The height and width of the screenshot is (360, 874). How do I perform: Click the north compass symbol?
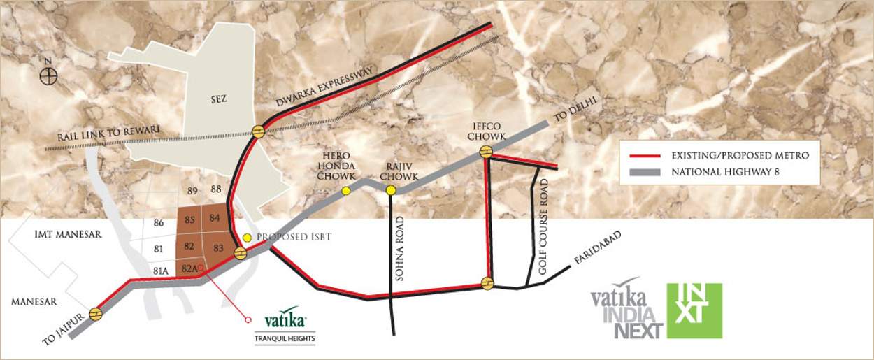tap(48, 75)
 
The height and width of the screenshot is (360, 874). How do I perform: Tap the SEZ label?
tap(219, 99)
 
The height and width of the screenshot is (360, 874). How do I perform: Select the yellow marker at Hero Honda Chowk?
tap(345, 191)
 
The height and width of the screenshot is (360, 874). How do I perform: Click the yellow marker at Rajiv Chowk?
tap(391, 190)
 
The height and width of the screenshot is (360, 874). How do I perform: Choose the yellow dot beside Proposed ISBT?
tap(246, 237)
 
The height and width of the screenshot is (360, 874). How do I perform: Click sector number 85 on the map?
tap(189, 220)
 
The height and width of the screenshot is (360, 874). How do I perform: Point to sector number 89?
tap(193, 190)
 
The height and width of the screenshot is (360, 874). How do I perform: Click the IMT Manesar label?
tap(68, 235)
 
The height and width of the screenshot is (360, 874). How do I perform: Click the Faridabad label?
tap(598, 247)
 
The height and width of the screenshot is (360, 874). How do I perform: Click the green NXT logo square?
tap(694, 310)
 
